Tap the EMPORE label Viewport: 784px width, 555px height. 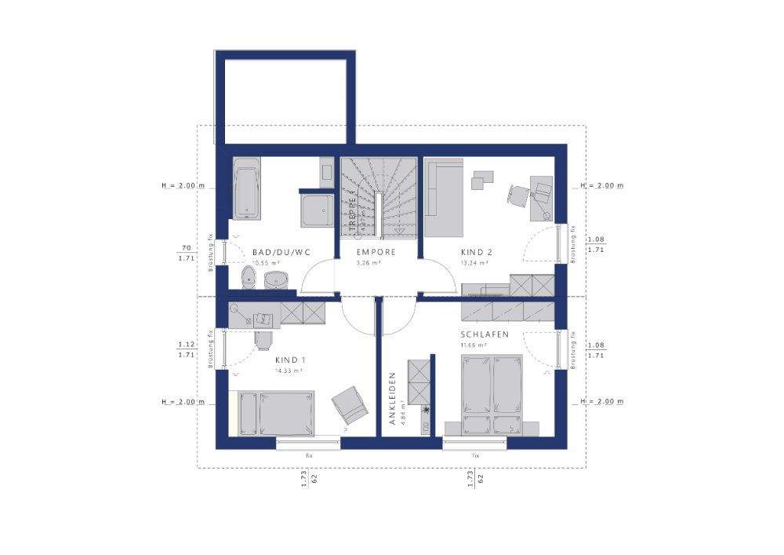(376, 252)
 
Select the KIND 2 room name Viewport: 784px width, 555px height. (476, 252)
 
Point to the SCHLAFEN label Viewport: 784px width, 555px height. (485, 334)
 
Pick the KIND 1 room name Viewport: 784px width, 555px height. (290, 360)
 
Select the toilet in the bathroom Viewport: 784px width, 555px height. (249, 277)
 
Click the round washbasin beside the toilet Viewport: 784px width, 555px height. (276, 279)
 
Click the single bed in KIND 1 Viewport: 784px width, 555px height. (277, 413)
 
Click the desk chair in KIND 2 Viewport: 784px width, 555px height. (518, 194)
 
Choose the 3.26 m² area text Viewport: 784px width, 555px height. (368, 264)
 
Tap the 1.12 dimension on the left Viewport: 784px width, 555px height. (186, 345)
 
